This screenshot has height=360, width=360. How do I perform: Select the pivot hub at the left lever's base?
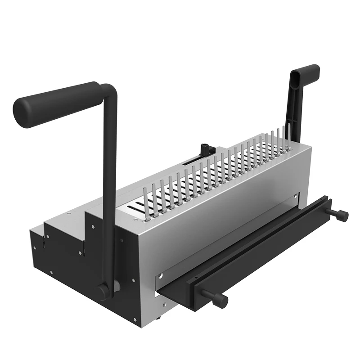point(104,290)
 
